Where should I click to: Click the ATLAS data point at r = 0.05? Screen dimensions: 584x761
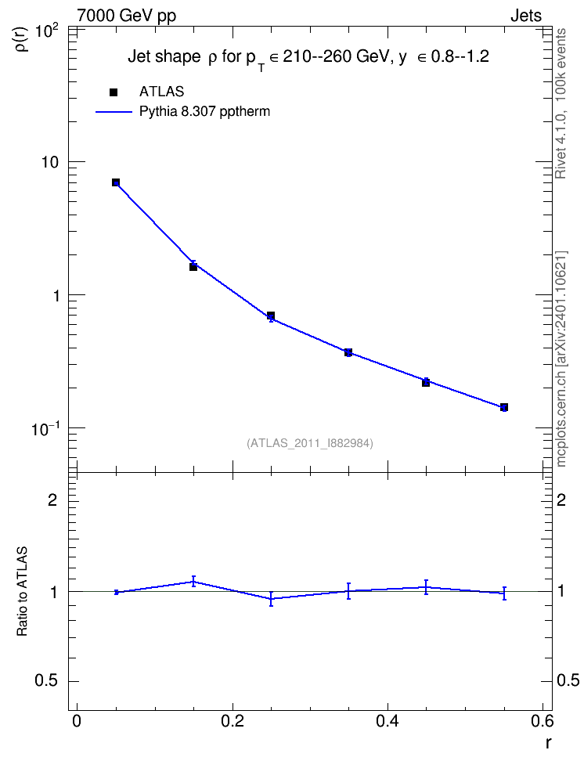116,182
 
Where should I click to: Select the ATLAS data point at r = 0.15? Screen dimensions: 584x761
193,266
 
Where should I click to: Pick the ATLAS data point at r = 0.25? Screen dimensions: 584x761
271,316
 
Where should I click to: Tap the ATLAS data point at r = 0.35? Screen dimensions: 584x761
348,352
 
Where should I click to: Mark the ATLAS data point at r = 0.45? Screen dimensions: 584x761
426,382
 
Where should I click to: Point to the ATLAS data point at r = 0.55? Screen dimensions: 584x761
504,407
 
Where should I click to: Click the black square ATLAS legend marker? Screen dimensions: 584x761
114,92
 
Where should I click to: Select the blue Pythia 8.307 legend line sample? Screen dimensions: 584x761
114,112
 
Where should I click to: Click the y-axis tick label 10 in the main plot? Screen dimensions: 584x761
49,162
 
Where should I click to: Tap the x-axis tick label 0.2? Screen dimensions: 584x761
233,721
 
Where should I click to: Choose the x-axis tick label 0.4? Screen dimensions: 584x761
388,721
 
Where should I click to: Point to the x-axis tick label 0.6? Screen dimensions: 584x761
543,721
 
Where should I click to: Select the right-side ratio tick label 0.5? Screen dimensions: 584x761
568,680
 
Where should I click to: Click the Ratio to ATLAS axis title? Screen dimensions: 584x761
22,592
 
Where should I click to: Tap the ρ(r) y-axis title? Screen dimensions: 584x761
22,38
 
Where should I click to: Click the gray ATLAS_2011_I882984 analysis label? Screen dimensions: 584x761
310,443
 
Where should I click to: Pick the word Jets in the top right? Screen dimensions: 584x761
526,16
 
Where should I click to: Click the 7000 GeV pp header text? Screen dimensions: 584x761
126,16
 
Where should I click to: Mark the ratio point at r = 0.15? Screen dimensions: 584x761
193,582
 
